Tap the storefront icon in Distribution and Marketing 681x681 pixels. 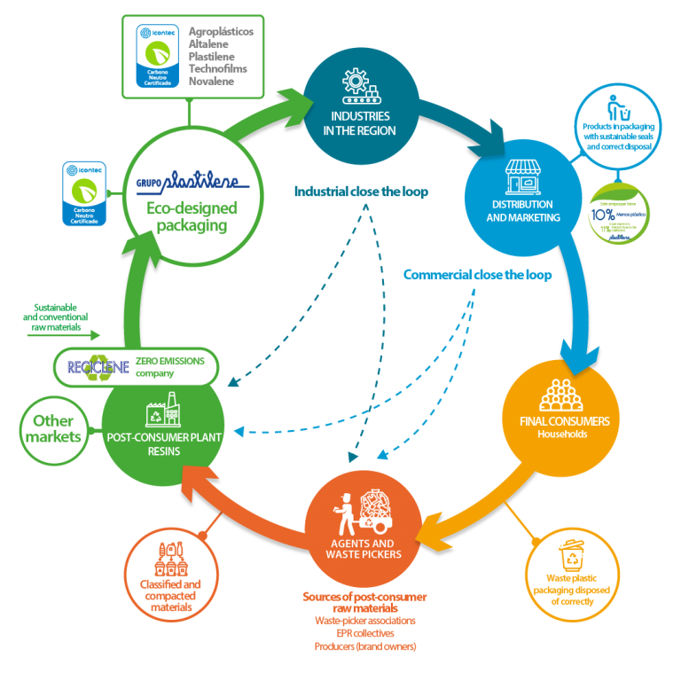521,176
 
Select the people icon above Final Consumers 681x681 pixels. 560,394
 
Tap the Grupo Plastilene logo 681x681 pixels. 188,185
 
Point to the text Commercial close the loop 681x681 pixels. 477,275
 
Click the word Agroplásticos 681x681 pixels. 222,31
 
